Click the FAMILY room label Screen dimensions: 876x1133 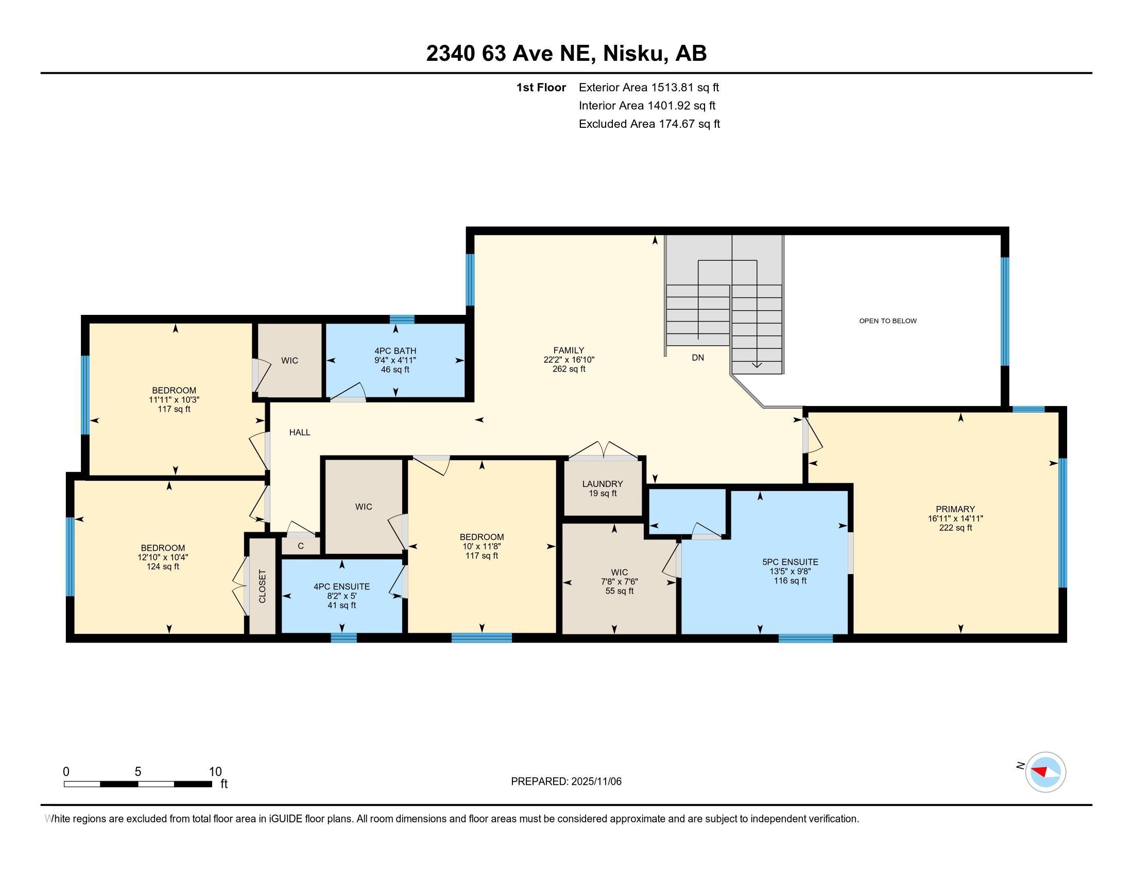[x=569, y=350]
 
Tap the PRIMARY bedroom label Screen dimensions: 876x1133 [x=955, y=509]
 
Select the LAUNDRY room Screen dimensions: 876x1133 [x=603, y=488]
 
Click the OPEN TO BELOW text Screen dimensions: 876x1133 [x=888, y=321]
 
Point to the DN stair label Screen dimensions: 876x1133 [x=698, y=358]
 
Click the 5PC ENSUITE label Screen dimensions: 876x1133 [x=790, y=562]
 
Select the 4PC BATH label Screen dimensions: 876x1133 [x=396, y=351]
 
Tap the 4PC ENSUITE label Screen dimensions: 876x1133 [x=341, y=586]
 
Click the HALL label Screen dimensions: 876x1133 [x=299, y=432]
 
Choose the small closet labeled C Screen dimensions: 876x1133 [x=300, y=546]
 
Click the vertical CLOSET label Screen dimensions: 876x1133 [x=262, y=586]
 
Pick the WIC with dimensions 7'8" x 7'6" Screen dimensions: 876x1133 [x=620, y=581]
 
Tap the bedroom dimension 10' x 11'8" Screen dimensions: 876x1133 [x=482, y=546]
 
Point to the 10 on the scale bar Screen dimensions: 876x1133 [x=215, y=772]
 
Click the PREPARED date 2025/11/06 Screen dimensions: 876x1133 [x=566, y=782]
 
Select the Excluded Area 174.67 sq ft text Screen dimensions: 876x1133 [x=649, y=124]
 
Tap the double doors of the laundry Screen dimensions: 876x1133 [x=604, y=450]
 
